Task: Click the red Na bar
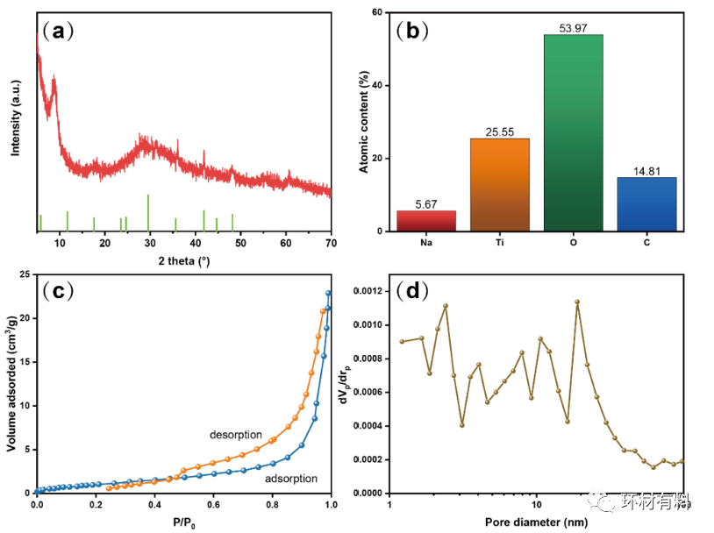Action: pyautogui.click(x=427, y=221)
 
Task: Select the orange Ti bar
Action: pyautogui.click(x=500, y=185)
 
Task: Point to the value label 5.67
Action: pyautogui.click(x=427, y=204)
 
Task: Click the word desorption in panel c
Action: pyautogui.click(x=235, y=434)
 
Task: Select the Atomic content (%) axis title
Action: pyautogui.click(x=364, y=123)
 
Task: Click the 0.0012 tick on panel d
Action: pyautogui.click(x=365, y=290)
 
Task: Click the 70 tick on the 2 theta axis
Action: pyautogui.click(x=331, y=242)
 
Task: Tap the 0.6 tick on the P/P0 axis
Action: pyautogui.click(x=213, y=504)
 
